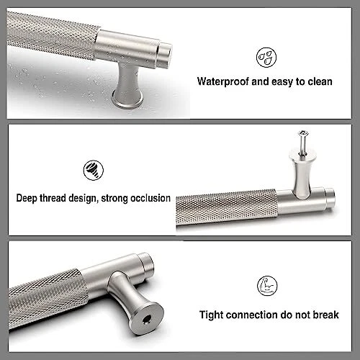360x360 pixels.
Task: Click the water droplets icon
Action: [266, 58]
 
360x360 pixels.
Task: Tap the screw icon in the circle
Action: [94, 170]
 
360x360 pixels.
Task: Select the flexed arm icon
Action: [267, 286]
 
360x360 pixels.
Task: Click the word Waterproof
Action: [222, 82]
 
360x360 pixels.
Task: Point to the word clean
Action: [320, 82]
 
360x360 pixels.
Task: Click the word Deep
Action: [27, 198]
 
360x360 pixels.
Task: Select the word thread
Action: [53, 198]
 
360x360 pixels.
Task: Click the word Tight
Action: [211, 315]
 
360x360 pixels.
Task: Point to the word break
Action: [325, 315]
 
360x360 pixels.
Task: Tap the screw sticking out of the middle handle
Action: [303, 141]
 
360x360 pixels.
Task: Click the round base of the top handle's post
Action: [127, 101]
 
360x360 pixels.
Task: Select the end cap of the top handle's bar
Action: [166, 55]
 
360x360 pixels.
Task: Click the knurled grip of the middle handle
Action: [227, 208]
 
